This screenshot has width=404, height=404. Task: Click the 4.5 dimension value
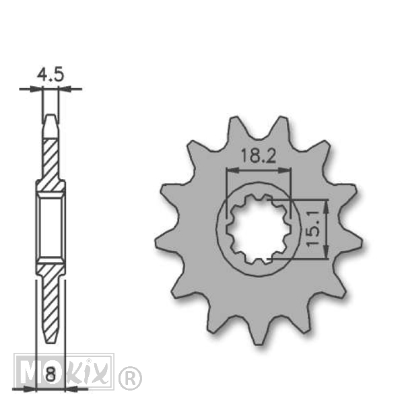pos(50,75)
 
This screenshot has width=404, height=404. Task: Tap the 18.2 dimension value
pos(259,156)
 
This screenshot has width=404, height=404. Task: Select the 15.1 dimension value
pos(314,228)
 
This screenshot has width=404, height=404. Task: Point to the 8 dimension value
pos(50,374)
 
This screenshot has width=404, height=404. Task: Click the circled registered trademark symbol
pos(130,378)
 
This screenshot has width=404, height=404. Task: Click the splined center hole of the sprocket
pos(259,229)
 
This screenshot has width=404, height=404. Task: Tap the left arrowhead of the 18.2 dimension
pos(232,170)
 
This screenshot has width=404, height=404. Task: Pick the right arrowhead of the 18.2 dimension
pos(285,170)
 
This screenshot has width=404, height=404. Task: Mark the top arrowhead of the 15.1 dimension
pos(326,207)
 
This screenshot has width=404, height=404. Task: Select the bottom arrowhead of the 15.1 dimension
pos(326,251)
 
